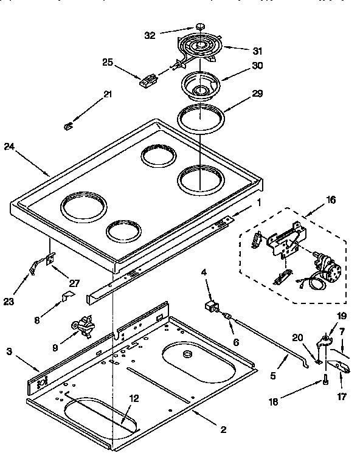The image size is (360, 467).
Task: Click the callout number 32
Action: [150, 35]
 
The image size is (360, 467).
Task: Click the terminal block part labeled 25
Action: [146, 79]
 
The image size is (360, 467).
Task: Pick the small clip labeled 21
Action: [69, 125]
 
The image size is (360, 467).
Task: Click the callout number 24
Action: [9, 146]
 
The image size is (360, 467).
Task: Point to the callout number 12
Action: [134, 398]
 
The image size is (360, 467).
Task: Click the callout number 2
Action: [223, 430]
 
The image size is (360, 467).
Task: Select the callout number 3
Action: [9, 351]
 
